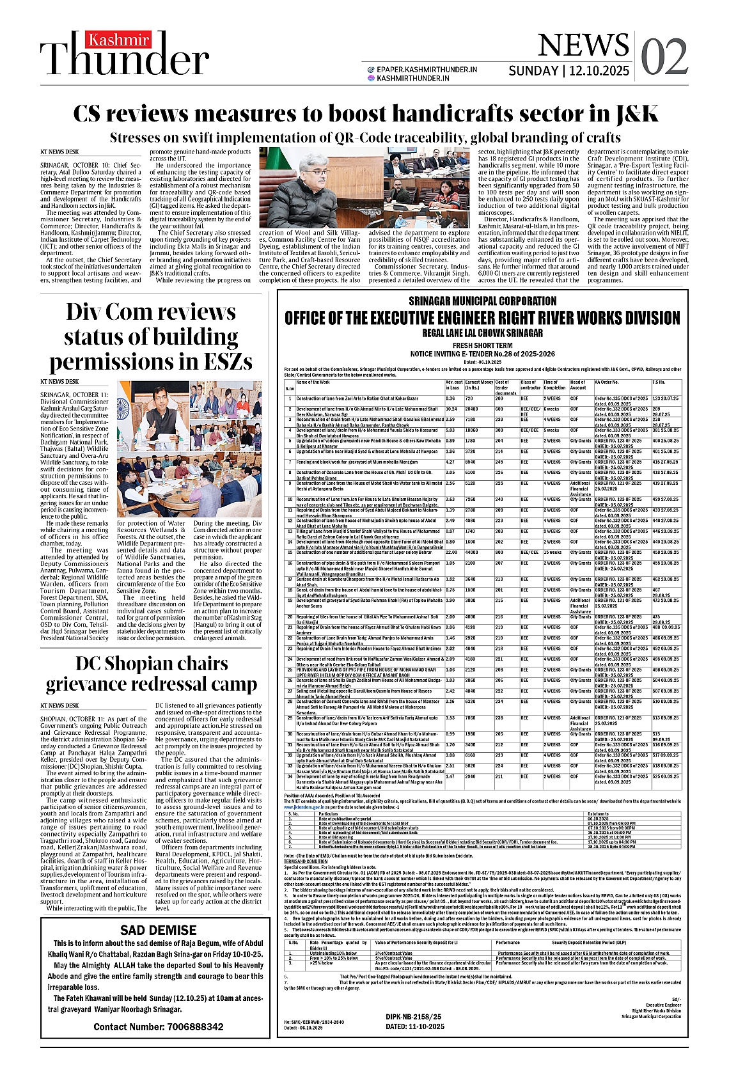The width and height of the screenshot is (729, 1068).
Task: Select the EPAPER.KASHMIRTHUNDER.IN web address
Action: pos(427,69)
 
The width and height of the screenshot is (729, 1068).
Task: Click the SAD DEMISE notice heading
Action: pos(158,930)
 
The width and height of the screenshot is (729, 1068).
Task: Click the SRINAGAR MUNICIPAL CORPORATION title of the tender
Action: pos(483,301)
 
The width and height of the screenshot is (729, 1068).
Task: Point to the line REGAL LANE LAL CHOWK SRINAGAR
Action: pos(483,333)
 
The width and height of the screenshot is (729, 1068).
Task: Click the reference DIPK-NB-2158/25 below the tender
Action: pos(414,1016)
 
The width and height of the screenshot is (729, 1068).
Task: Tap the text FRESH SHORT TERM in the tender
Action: pos(482,345)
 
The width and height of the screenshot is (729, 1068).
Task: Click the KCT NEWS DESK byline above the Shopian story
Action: pos(59,705)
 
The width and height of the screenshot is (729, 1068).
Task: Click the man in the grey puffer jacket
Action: pos(307,195)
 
